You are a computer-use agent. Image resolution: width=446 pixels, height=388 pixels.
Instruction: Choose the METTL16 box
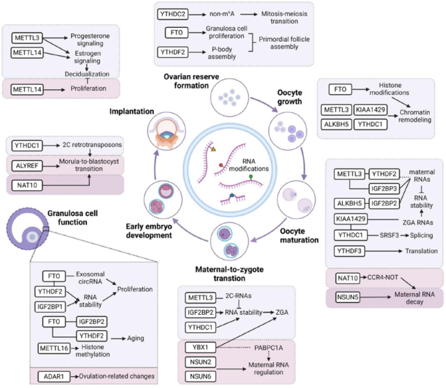tap(61, 347)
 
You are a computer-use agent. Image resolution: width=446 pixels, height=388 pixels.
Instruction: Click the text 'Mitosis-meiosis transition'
tap(279, 15)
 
